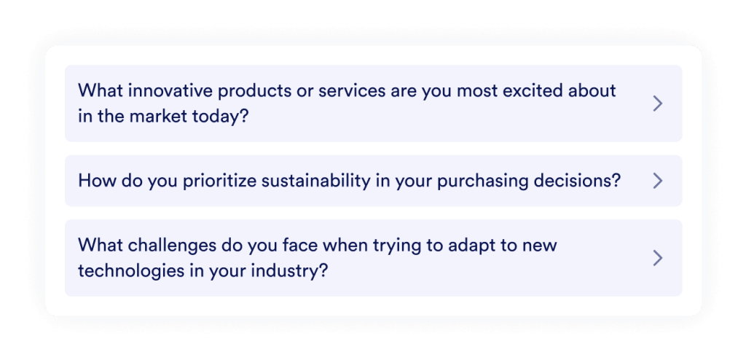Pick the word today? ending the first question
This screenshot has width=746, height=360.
[227, 116]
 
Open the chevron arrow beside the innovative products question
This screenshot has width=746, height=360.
[657, 103]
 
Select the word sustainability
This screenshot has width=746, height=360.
[315, 181]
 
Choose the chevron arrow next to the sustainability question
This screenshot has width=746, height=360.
[657, 181]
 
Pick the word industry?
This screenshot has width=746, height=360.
[287, 270]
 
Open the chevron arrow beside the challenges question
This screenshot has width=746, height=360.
[657, 257]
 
